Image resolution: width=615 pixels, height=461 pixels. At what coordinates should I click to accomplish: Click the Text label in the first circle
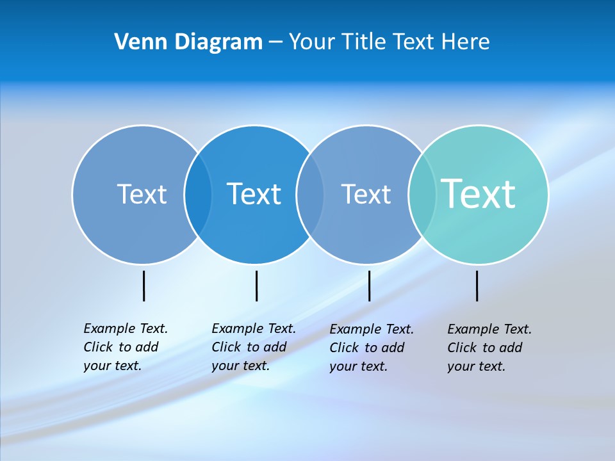[x=142, y=194]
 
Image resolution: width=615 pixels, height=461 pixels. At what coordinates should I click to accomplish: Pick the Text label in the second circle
[x=254, y=194]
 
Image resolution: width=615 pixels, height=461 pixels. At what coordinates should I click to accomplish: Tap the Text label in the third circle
[x=366, y=194]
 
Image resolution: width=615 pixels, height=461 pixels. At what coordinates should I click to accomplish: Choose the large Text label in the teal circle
[x=479, y=193]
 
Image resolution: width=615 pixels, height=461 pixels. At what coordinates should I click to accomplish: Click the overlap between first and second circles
[x=198, y=194]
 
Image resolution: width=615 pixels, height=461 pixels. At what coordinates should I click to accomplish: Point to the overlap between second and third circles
[x=310, y=194]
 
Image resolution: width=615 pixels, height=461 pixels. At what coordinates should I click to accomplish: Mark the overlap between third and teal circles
[x=422, y=194]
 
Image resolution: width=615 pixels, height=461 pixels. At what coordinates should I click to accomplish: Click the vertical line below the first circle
[x=144, y=286]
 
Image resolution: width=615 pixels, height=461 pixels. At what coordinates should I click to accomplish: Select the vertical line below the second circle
[x=256, y=286]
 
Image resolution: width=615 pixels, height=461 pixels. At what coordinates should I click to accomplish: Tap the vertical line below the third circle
[x=369, y=286]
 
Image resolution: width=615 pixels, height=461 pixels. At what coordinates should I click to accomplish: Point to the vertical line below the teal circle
[x=477, y=286]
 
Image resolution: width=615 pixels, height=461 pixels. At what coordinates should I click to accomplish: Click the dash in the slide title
[x=275, y=42]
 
